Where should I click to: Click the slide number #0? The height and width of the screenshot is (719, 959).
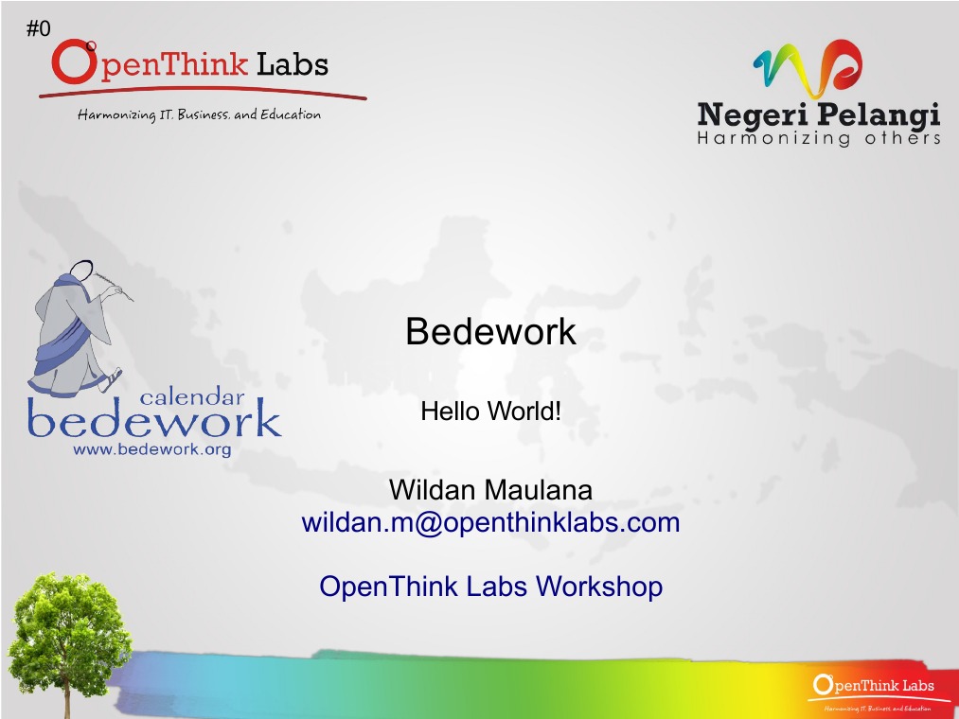click(38, 29)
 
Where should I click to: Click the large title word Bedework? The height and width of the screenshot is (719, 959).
click(490, 331)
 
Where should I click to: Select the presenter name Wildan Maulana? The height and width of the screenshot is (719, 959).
click(490, 490)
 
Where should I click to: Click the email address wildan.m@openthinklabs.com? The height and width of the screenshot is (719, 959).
click(490, 522)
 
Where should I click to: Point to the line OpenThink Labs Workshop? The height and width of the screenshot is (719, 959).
click(490, 587)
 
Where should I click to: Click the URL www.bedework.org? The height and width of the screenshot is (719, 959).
click(152, 449)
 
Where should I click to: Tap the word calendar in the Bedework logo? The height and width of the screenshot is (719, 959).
click(192, 397)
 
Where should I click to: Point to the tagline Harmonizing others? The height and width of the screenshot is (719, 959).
click(818, 139)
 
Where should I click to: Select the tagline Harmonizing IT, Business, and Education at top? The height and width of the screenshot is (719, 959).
click(199, 115)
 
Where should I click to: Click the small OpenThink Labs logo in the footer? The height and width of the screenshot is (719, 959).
click(873, 689)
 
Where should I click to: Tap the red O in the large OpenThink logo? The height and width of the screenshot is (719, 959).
click(72, 62)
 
